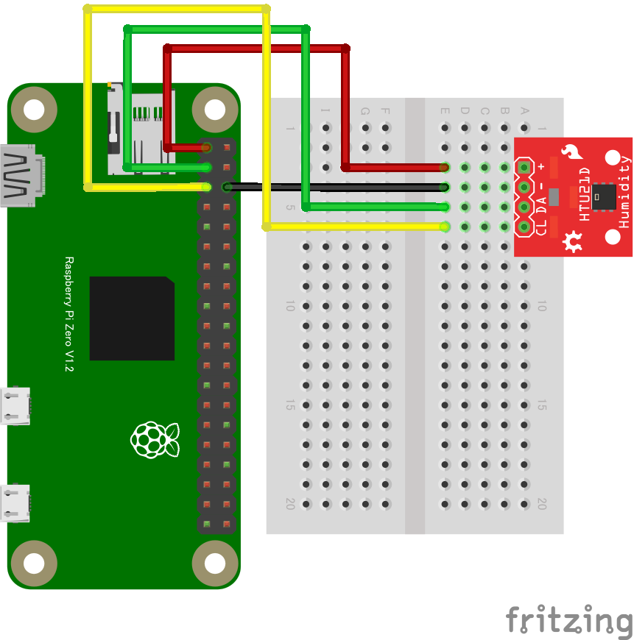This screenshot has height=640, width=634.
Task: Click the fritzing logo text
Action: [568, 620]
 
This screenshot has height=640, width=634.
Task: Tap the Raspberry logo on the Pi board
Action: [155, 439]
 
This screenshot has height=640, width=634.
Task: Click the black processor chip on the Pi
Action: [132, 319]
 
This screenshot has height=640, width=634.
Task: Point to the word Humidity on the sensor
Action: [624, 191]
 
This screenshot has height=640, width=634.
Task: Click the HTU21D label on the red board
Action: [584, 194]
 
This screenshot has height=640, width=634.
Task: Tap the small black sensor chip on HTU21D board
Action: [605, 195]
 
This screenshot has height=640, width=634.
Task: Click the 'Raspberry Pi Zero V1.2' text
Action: [69, 314]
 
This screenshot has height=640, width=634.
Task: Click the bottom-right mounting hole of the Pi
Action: [214, 563]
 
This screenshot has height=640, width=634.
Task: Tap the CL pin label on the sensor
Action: [541, 227]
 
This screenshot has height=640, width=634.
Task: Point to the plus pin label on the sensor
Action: [541, 167]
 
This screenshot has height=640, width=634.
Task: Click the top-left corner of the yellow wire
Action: [88, 10]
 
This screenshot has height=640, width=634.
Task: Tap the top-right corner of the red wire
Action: [345, 49]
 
